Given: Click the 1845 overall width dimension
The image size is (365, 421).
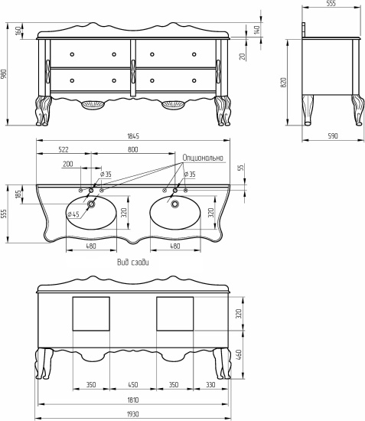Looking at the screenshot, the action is pos(133,136).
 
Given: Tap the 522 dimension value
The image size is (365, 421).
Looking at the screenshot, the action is pos(64,149).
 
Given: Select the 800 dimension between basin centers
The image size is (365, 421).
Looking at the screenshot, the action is pos(133,149).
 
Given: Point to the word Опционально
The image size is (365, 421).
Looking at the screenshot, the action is pos(203,158).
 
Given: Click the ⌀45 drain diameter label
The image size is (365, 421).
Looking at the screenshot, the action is pos(73,214).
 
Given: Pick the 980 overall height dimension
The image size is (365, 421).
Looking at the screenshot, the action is pos(4,74).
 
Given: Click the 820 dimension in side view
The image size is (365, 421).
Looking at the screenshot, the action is pos(283,83).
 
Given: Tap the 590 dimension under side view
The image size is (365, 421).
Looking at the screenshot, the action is pos(333,136).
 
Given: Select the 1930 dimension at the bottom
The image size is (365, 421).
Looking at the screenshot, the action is pos(133,414).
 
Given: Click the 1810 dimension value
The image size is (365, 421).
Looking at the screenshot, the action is pos(133,400).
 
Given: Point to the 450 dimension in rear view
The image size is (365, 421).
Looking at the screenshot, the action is pos(133,385).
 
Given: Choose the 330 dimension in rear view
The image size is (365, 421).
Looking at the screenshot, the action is pos(210,385).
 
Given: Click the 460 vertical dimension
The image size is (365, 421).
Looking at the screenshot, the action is pos(240,354).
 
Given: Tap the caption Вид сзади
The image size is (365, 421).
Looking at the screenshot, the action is pos(133,262).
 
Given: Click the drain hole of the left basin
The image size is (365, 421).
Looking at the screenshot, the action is pos(91,204).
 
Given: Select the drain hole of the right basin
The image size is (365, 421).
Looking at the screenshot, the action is pos(175,204).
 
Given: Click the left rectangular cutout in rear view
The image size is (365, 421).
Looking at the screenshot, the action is pos(91,314).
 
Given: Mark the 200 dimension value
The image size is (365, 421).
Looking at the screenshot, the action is pos(68,164).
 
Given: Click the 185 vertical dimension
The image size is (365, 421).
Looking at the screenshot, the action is pos(18,194).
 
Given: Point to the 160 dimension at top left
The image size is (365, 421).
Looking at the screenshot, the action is pos(18,31).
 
